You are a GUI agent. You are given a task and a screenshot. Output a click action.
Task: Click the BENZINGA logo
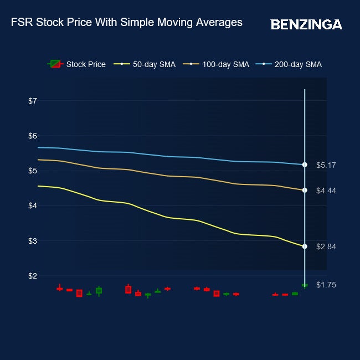pos(306,24)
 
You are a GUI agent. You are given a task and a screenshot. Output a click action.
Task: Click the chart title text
pos(127,23)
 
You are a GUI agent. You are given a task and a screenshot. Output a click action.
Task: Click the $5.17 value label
pos(326,165)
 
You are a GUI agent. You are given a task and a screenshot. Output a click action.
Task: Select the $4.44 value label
pos(326,191)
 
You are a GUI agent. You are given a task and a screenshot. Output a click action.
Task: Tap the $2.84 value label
pos(326,246)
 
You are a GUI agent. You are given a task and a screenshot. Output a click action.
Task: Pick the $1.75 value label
pos(326,285)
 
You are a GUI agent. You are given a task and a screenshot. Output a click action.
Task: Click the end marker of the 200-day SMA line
pos(305,164)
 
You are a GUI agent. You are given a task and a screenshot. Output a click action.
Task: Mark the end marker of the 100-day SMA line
pos(305,190)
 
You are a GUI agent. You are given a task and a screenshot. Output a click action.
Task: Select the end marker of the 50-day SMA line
pos(305,246)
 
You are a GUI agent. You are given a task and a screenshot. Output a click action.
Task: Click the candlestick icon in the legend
pos(55,64)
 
